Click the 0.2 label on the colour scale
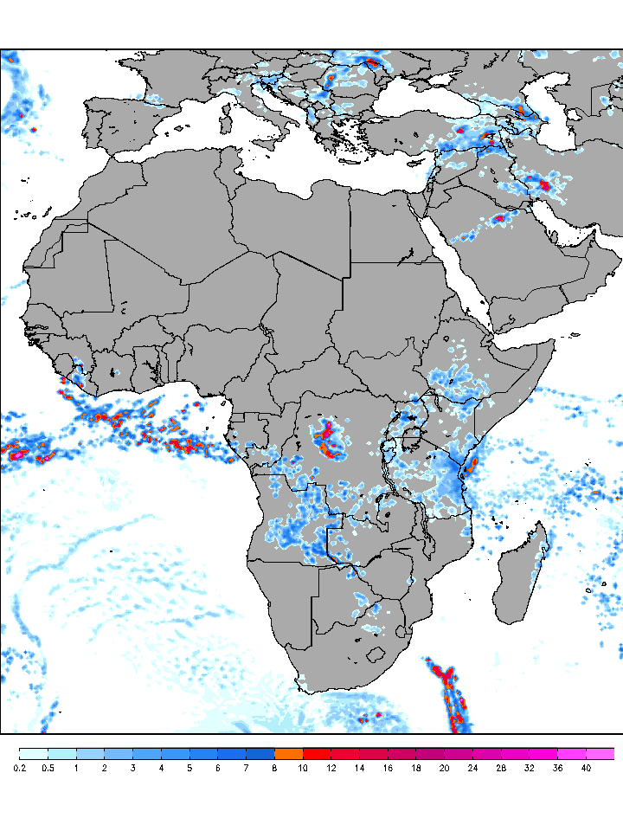point(18,768)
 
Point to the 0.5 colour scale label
point(48,768)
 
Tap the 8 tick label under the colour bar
point(274,768)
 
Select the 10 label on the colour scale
point(303,768)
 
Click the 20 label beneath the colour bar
point(444,768)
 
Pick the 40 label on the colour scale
point(586,768)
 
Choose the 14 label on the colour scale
point(359,768)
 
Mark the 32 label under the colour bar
point(529,768)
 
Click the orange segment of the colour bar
point(288,754)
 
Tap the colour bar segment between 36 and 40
point(571,754)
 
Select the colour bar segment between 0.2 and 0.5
point(33,754)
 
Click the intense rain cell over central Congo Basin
point(327,437)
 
